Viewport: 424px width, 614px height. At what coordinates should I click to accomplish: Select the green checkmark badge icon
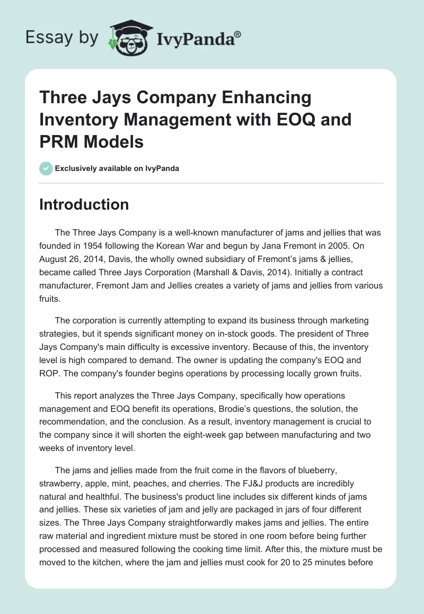click(45, 168)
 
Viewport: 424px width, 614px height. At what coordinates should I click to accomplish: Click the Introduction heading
click(84, 205)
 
